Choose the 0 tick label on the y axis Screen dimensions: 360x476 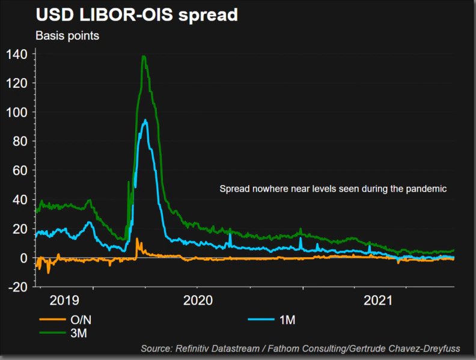tap(24, 258)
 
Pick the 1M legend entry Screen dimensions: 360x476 tap(287, 319)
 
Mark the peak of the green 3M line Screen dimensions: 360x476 tap(144, 56)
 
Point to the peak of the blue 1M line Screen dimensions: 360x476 tap(145, 120)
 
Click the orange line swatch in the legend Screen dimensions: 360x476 tap(53, 319)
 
